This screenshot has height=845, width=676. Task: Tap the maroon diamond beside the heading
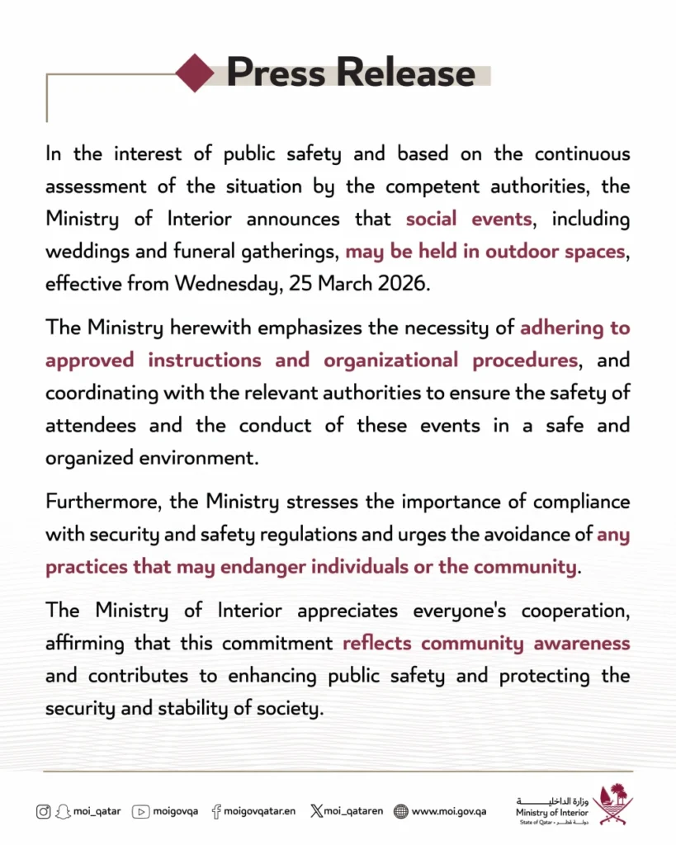[x=195, y=73]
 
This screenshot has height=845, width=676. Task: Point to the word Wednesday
[x=234, y=285]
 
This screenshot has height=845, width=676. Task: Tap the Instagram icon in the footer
[x=43, y=811]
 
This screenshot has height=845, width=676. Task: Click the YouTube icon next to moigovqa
[x=140, y=811]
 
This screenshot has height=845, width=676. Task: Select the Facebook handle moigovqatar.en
[x=259, y=811]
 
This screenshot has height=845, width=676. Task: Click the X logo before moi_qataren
[x=316, y=811]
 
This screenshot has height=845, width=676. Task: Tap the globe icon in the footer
[x=401, y=811]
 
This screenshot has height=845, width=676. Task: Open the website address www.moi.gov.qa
[x=448, y=811]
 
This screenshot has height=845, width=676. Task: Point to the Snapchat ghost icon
[x=62, y=811]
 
